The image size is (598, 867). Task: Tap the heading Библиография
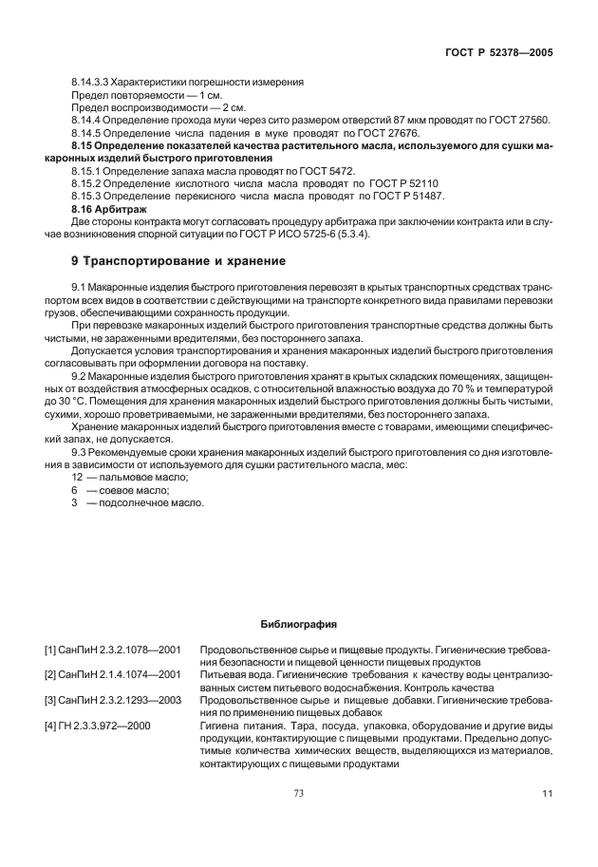click(298, 624)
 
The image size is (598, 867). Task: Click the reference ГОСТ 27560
click(518, 120)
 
